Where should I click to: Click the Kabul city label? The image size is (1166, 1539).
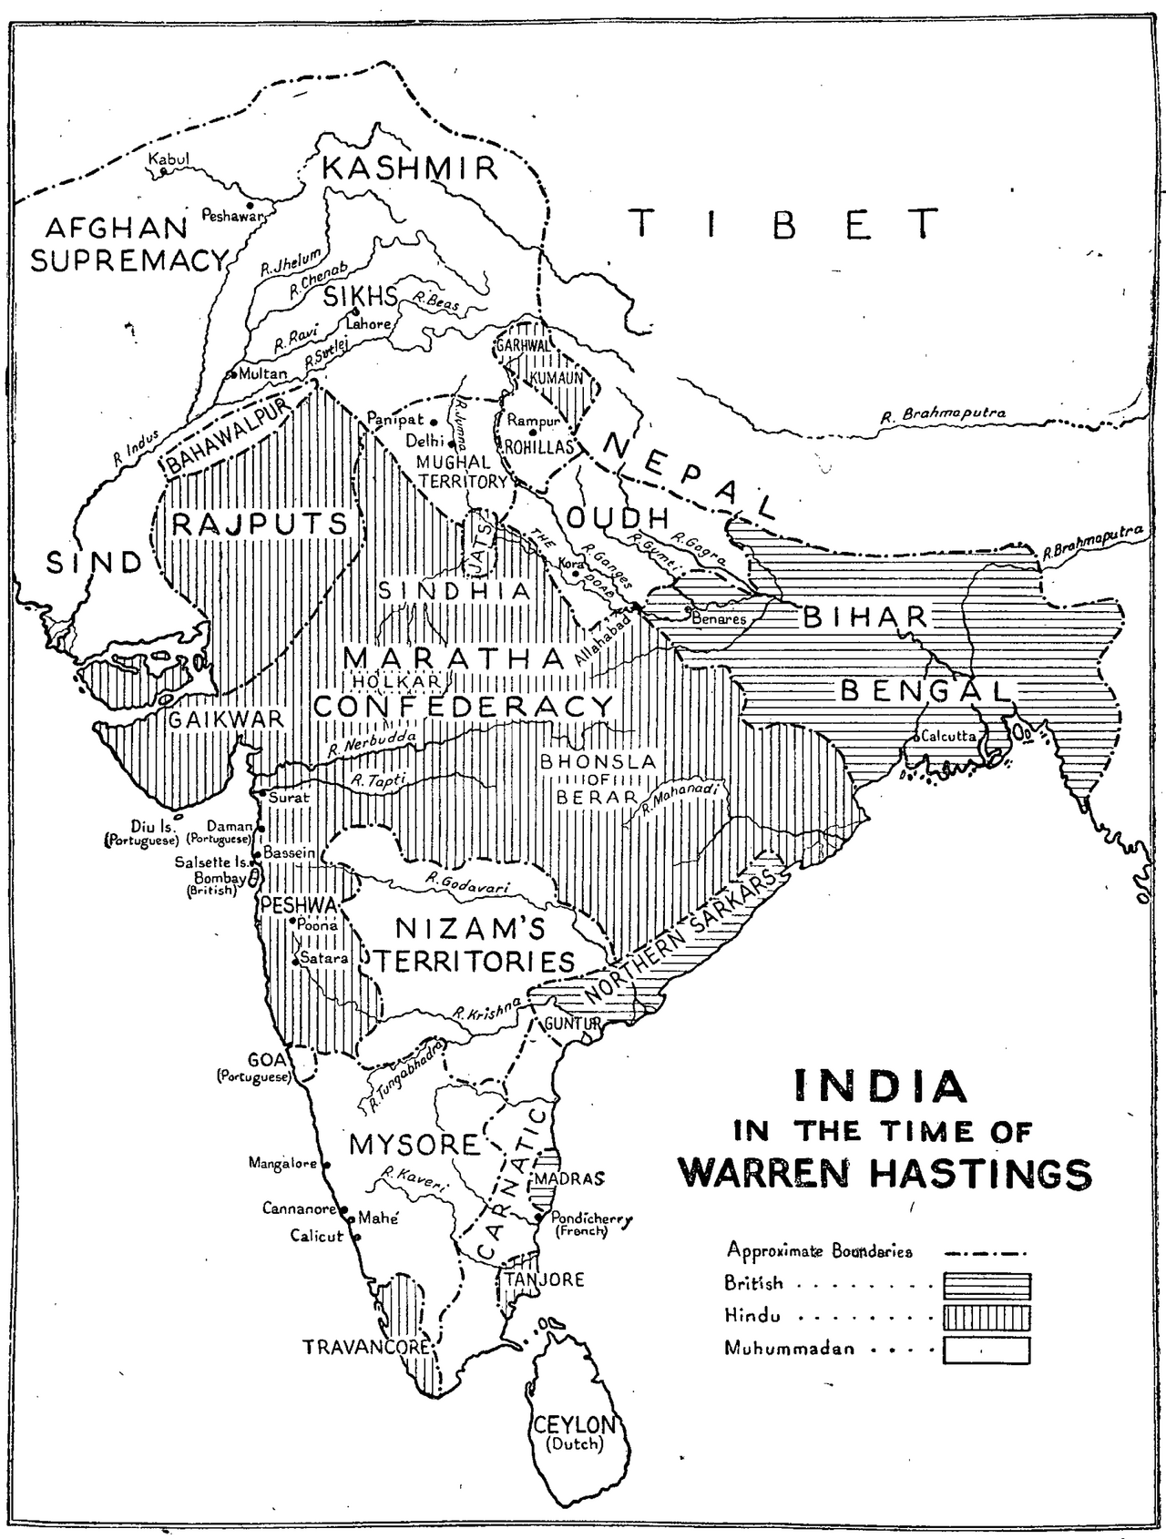(172, 158)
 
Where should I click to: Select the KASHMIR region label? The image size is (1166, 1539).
(411, 168)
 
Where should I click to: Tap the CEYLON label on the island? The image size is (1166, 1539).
(576, 1425)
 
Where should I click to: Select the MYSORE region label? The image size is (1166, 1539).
(414, 1145)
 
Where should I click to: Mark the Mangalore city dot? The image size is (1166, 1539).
(326, 1165)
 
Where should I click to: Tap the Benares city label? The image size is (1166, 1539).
(719, 619)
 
